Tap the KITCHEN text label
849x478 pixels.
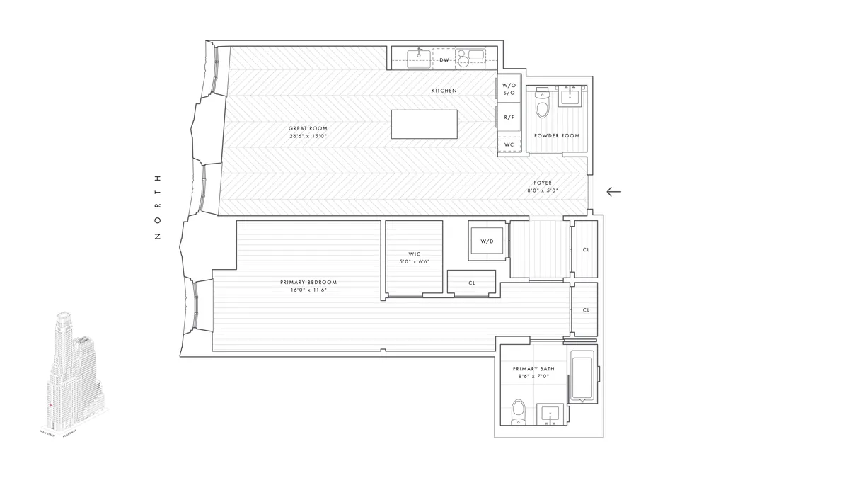tap(444, 91)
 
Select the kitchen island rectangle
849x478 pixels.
tap(424, 125)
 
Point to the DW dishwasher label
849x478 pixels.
tap(444, 60)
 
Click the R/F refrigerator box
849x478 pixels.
tap(509, 117)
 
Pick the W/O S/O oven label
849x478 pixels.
tap(509, 89)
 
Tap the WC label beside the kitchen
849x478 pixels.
tap(509, 144)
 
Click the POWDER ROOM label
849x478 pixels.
tap(557, 135)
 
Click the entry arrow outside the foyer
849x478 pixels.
tap(613, 191)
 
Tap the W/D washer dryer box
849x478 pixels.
tap(487, 241)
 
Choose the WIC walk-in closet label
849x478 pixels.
tap(415, 257)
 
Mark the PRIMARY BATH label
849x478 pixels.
tap(533, 372)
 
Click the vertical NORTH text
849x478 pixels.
tap(158, 207)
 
